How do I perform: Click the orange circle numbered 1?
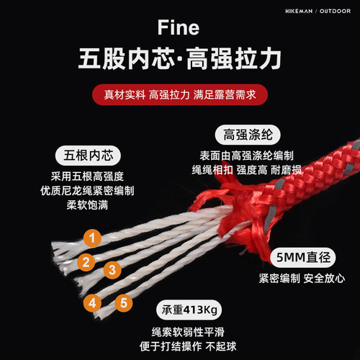tap(92, 238)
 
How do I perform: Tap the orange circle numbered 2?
tap(86, 262)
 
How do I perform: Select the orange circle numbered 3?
tap(112, 270)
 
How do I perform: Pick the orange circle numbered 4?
tap(92, 302)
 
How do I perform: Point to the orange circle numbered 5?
tap(124, 302)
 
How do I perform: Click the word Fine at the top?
tap(179, 27)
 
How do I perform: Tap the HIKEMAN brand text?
tap(299, 11)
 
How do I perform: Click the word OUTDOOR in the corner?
tap(335, 11)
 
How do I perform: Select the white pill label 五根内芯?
tap(88, 156)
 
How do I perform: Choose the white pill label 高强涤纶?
tap(248, 135)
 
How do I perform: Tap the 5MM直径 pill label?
tap(303, 257)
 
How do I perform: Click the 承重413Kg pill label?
tap(189, 310)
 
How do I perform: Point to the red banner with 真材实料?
tap(180, 94)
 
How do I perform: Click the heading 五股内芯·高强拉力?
tap(179, 58)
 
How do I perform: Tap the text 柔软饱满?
tap(87, 205)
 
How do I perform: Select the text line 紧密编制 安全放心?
tap(302, 279)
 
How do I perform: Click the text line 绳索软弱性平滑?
tap(188, 332)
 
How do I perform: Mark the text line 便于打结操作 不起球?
tap(188, 346)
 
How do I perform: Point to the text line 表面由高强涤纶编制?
tap(247, 156)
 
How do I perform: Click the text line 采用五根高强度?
tap(87, 176)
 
